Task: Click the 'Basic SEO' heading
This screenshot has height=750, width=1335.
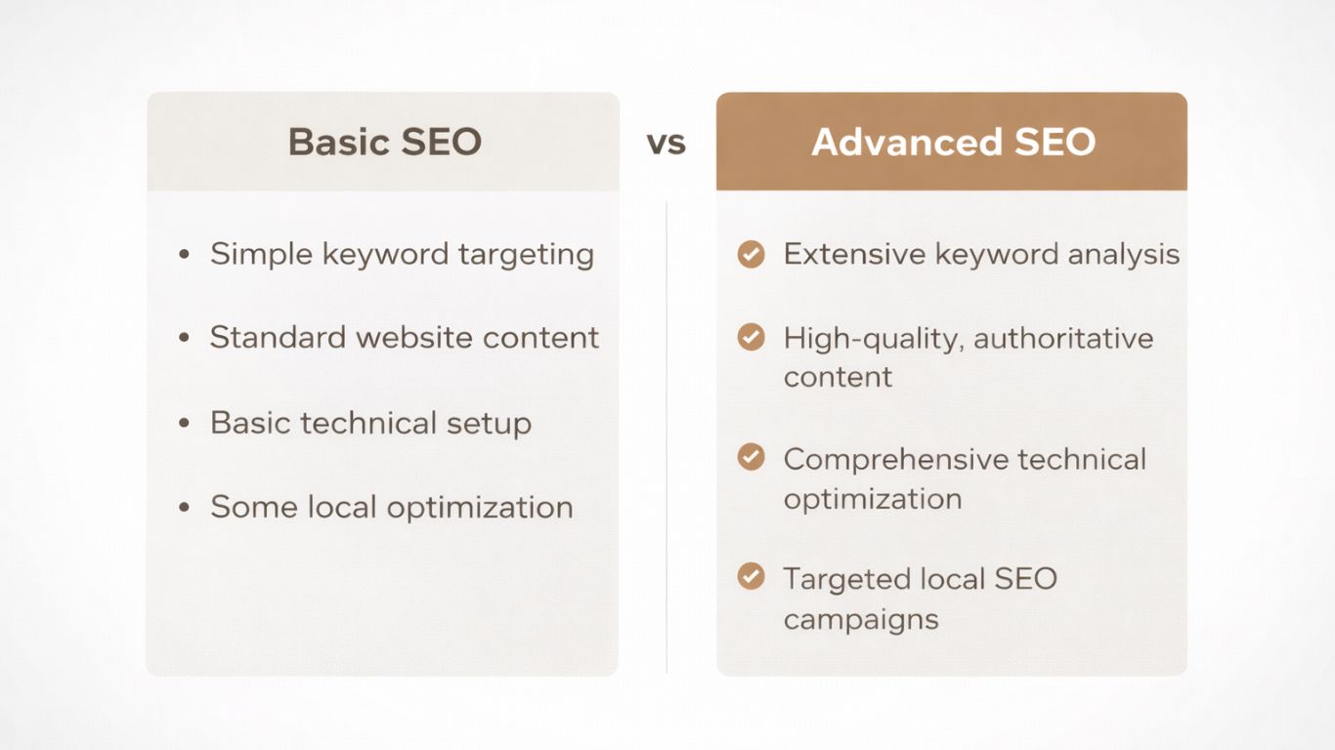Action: tap(385, 142)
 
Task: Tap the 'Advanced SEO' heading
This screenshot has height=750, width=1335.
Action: tap(954, 142)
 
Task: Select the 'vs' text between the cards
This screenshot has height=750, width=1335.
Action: tap(667, 144)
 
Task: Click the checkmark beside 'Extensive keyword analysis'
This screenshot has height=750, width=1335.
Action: tap(751, 254)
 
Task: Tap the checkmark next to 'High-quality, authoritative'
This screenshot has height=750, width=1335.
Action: tap(751, 337)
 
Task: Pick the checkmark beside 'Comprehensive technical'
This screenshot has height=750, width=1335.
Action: tap(751, 457)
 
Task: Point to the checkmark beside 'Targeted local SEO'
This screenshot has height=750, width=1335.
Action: tap(751, 576)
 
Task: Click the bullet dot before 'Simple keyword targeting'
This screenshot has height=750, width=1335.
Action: tap(184, 254)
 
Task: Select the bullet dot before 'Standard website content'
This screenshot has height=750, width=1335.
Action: tap(184, 338)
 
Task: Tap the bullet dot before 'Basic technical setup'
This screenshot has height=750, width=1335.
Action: tap(184, 423)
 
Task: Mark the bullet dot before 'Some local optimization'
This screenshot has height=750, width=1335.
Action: tap(184, 507)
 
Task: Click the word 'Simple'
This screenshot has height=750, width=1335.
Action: tap(262, 255)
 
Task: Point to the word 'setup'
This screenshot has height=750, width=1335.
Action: tap(489, 424)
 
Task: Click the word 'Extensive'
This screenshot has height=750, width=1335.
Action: tap(854, 254)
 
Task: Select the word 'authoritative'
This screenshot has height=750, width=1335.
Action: tap(1063, 338)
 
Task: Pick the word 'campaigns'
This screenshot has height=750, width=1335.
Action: tap(861, 620)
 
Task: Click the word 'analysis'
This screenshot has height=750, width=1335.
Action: tap(1124, 255)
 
